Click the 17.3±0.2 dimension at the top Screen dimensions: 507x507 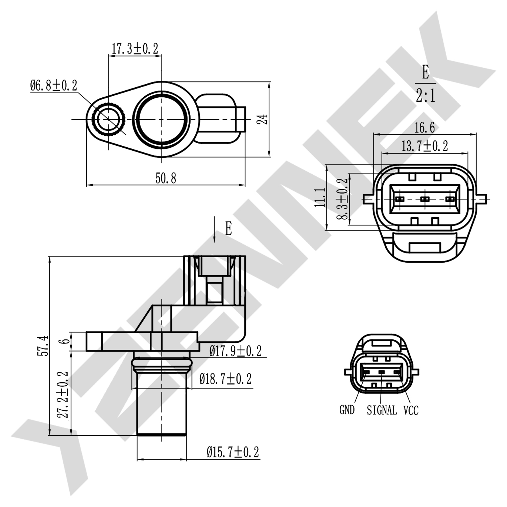click(x=135, y=49)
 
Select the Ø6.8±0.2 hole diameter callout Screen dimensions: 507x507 click(x=53, y=85)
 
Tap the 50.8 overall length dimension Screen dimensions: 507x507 click(x=166, y=178)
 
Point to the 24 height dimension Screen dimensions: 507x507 click(x=263, y=119)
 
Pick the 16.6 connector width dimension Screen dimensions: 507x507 click(x=425, y=128)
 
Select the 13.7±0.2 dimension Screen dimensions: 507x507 click(x=425, y=146)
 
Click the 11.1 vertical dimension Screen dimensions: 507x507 click(x=320, y=198)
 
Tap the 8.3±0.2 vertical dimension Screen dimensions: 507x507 click(x=343, y=199)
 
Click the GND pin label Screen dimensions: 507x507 click(x=347, y=410)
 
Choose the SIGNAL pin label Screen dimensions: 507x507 click(x=382, y=410)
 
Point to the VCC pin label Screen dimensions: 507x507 click(x=411, y=410)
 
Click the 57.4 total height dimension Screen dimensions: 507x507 click(x=43, y=345)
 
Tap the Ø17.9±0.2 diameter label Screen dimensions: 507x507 click(x=235, y=351)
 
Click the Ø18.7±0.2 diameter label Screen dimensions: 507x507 click(x=225, y=379)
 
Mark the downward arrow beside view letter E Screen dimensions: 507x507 click(x=214, y=230)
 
